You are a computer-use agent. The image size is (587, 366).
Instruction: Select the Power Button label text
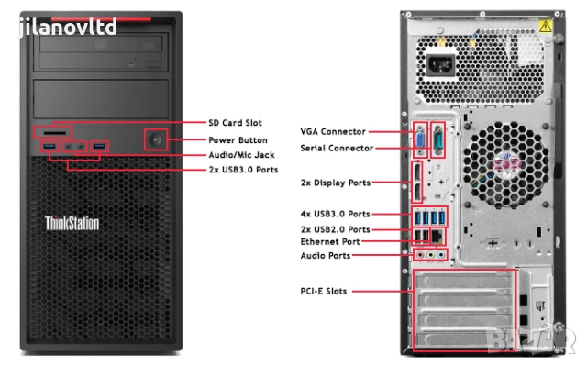[238, 140]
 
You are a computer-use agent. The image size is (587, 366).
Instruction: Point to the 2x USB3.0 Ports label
[244, 170]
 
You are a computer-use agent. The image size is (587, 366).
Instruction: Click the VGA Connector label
[333, 132]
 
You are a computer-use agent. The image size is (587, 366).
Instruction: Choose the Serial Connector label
[338, 148]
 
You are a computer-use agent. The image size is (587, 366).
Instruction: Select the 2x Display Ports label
[335, 183]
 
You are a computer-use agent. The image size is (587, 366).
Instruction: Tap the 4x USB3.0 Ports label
[336, 214]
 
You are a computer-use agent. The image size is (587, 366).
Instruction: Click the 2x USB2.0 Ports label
[336, 228]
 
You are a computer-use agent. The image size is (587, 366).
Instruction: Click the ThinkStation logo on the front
[72, 223]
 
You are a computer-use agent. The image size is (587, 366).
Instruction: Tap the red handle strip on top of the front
[89, 18]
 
